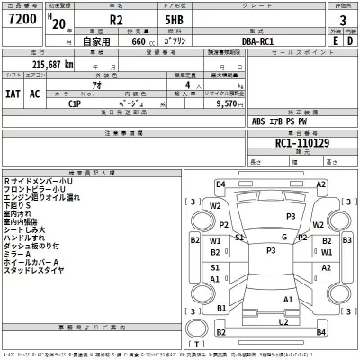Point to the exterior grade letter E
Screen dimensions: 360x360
(x=336, y=40)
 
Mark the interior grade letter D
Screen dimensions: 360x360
(x=350, y=40)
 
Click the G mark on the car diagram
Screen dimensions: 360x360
(x=283, y=237)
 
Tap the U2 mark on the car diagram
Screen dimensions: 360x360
(x=283, y=321)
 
